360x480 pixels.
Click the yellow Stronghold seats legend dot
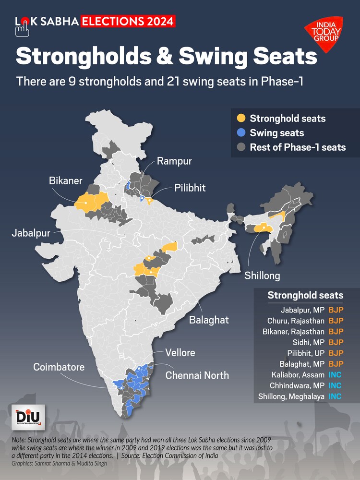point(241,118)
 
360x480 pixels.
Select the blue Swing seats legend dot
point(241,132)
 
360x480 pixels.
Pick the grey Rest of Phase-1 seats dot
point(241,147)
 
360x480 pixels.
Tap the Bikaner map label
point(66,181)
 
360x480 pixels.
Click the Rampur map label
point(175,161)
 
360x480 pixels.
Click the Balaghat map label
point(209,320)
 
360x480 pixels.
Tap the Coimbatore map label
point(59,367)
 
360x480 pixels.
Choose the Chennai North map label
point(197,375)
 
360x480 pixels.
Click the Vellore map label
point(180,353)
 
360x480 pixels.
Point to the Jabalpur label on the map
point(32,233)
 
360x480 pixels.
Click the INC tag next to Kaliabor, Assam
point(336,374)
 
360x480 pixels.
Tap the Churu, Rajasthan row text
point(296,321)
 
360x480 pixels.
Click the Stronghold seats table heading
point(305,295)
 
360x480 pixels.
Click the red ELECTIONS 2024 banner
point(128,21)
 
